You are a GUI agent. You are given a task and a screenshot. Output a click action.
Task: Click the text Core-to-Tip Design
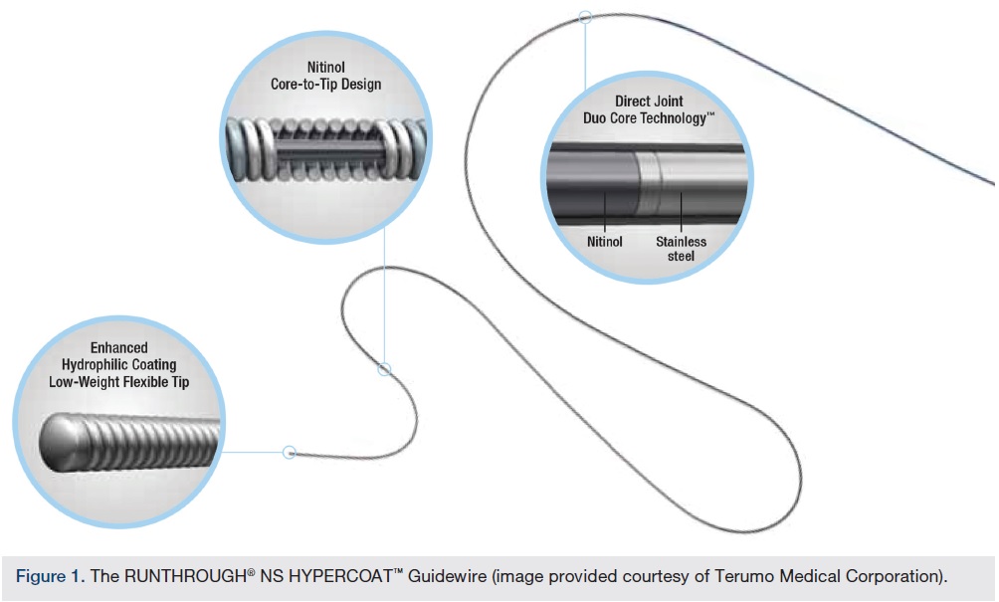(x=325, y=85)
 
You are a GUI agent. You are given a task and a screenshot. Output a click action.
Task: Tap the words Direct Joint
(x=648, y=101)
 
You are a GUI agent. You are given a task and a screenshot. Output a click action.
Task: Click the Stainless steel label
(x=681, y=248)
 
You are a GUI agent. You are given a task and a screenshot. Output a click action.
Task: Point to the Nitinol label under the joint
(x=604, y=241)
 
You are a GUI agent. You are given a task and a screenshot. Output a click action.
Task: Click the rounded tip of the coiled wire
(x=63, y=438)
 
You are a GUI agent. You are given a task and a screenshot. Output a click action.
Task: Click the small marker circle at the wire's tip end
(x=290, y=452)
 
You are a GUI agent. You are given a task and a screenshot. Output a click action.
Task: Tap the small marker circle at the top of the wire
(x=585, y=17)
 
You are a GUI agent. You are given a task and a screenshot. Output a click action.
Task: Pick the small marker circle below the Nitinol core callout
(x=384, y=369)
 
